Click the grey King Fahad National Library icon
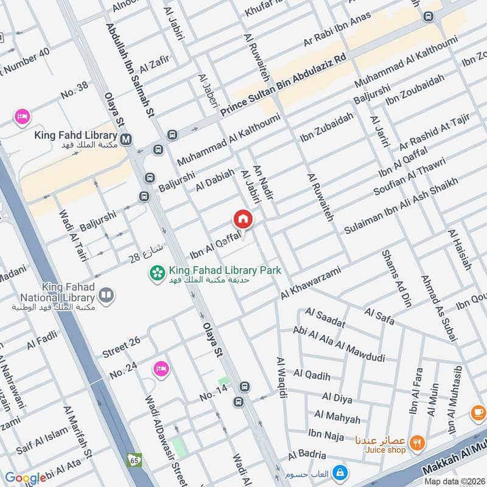point(107,295)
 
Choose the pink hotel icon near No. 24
point(161,369)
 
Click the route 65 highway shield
point(133,460)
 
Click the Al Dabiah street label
point(215,181)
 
